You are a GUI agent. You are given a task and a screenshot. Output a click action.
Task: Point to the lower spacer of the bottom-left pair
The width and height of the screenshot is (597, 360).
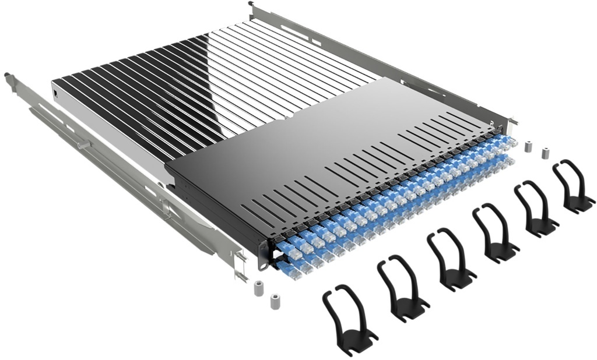[x=273, y=302]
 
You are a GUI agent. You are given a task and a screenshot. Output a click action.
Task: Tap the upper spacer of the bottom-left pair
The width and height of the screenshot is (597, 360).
[x=259, y=289]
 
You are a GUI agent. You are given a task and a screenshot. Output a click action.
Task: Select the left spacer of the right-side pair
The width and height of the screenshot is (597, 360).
[x=528, y=146]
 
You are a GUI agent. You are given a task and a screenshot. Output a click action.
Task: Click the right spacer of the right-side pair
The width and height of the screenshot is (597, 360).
[x=546, y=153]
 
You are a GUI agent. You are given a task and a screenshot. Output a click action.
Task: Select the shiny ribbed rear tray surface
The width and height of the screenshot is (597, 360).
[x=192, y=87]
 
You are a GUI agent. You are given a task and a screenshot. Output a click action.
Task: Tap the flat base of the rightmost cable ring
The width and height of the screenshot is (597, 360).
[x=580, y=204]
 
